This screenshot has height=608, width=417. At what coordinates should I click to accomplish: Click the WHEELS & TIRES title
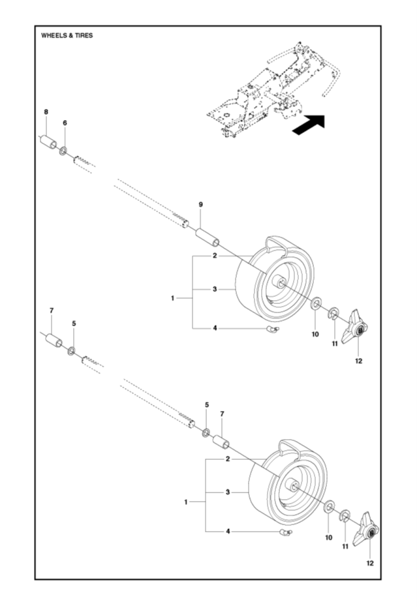click(x=67, y=35)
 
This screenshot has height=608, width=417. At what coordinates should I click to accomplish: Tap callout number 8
click(x=46, y=112)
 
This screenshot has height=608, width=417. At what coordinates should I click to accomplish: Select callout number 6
click(x=65, y=123)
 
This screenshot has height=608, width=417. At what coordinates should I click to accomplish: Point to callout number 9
click(x=201, y=205)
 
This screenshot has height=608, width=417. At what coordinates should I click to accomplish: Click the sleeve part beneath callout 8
click(x=46, y=142)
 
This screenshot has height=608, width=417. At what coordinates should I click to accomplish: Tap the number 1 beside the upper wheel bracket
click(x=174, y=297)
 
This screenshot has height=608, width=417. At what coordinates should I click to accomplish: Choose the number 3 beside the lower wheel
click(x=228, y=491)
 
